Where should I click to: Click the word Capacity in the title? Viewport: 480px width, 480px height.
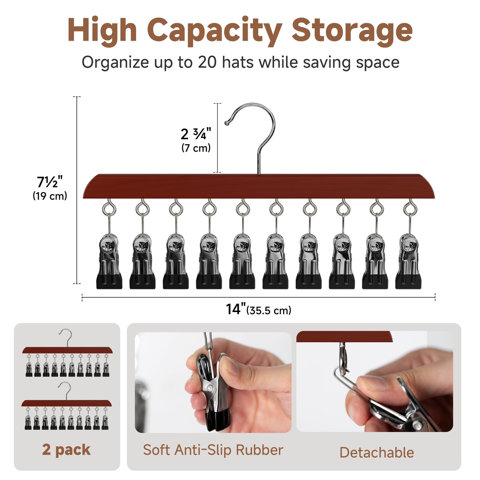coord(216,32)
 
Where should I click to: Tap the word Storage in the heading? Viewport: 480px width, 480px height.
coord(352,32)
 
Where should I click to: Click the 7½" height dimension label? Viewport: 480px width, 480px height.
coord(50,182)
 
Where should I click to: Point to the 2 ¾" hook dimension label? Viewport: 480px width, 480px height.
coord(196,134)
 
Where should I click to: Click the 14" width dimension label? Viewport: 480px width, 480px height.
coord(236,309)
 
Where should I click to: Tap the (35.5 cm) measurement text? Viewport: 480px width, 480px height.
coord(269,311)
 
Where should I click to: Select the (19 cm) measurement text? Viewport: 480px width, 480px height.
coord(50,196)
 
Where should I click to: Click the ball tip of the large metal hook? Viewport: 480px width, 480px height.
coord(227,123)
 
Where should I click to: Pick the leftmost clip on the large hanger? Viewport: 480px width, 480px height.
coord(109,261)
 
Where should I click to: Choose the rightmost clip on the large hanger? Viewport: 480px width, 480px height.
coord(408,261)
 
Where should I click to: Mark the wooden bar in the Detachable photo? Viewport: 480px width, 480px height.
coord(344,336)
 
